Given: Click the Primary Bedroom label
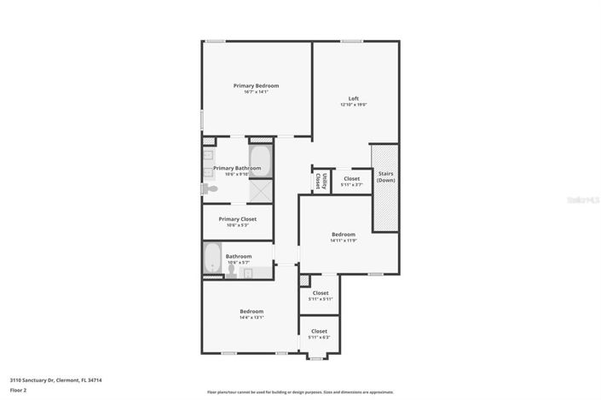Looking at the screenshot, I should (257, 85).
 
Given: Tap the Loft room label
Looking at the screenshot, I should (353, 98).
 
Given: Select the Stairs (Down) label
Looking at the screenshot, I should (385, 177).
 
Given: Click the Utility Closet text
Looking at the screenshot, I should (317, 181).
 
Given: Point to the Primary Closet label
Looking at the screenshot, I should (237, 219).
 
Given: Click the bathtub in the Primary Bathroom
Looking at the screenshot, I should (260, 161).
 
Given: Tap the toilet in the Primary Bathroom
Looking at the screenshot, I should (207, 189).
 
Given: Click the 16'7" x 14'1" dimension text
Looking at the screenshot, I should (256, 92).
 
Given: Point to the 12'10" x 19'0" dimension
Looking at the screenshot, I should (353, 105).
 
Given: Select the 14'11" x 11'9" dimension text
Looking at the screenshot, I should (344, 241).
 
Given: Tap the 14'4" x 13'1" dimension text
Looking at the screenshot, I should (251, 317).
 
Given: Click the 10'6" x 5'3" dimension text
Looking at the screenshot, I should (237, 226).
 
